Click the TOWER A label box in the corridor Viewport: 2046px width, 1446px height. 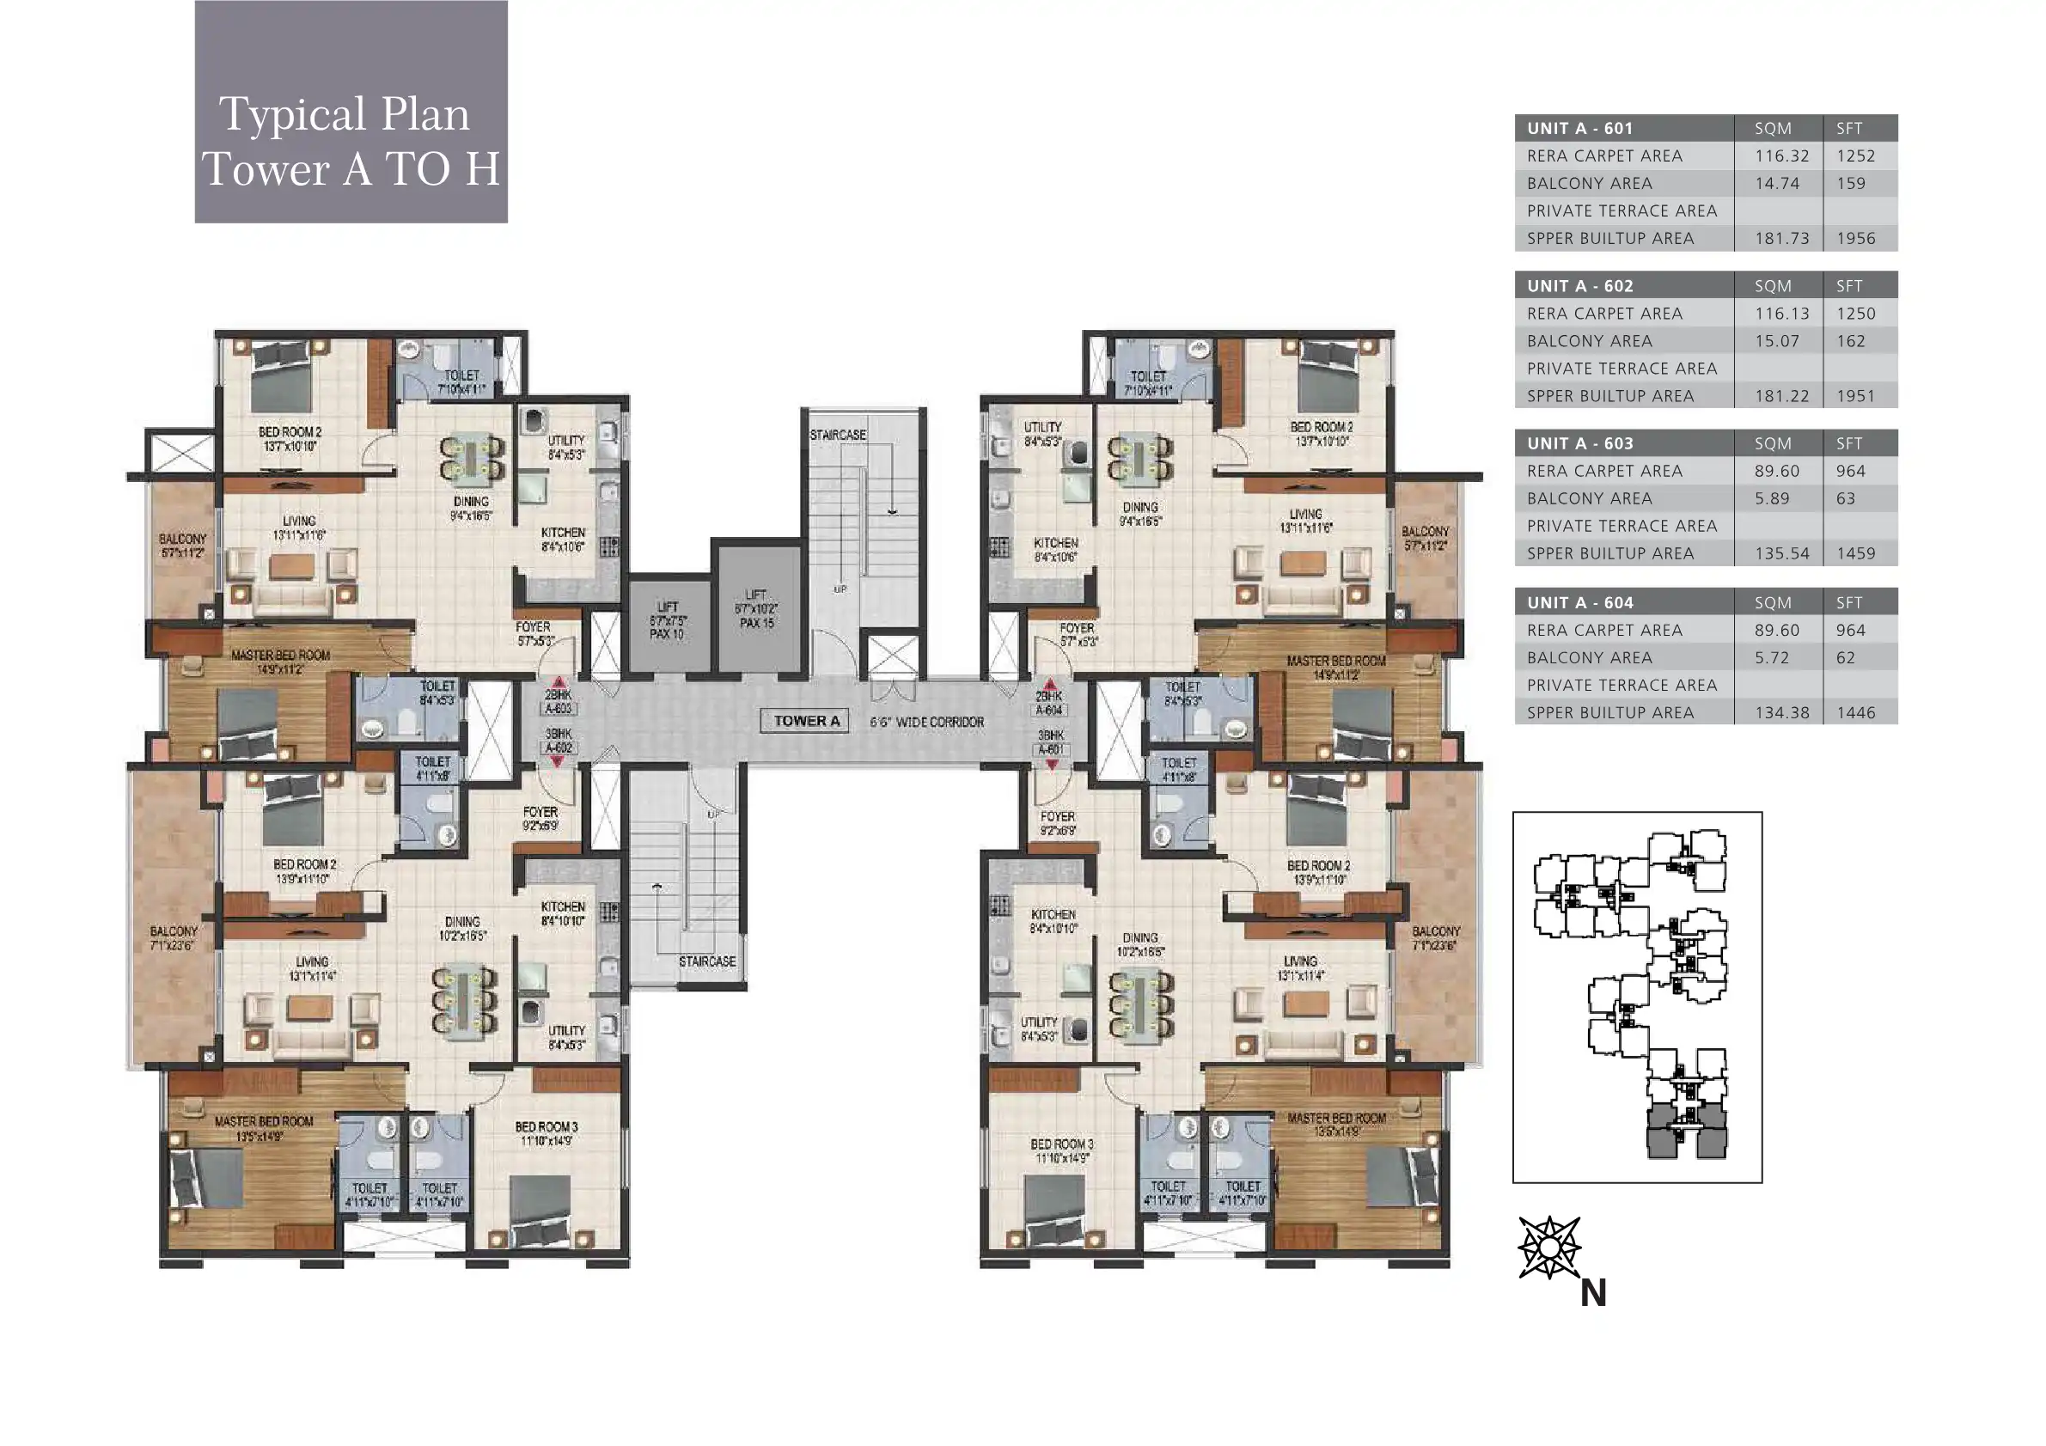tap(805, 721)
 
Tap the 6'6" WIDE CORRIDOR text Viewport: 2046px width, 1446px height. tap(927, 722)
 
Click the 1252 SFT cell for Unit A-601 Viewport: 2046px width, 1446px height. tap(1855, 156)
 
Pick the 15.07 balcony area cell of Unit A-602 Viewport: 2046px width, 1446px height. tap(1777, 341)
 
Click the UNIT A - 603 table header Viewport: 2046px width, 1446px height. tap(1579, 443)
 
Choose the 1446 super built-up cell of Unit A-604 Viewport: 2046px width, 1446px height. tap(1855, 713)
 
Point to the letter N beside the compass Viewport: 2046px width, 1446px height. tap(1592, 1293)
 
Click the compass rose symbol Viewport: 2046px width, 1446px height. tap(1548, 1248)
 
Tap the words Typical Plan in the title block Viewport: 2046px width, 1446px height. tap(344, 114)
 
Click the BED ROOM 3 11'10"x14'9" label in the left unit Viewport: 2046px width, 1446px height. tap(547, 1133)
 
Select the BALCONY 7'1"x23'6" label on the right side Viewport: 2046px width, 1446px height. tap(1436, 938)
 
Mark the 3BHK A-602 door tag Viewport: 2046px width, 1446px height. tap(559, 741)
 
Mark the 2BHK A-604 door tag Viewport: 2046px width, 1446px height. tap(1049, 703)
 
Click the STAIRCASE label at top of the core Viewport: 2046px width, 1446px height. tap(838, 435)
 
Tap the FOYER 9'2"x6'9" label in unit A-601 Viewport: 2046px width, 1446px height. tap(1058, 823)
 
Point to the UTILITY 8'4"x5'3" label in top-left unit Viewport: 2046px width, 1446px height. tap(566, 448)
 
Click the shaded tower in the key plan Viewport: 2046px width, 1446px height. tap(1684, 1132)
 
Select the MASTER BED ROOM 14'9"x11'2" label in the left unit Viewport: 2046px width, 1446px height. tap(280, 662)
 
